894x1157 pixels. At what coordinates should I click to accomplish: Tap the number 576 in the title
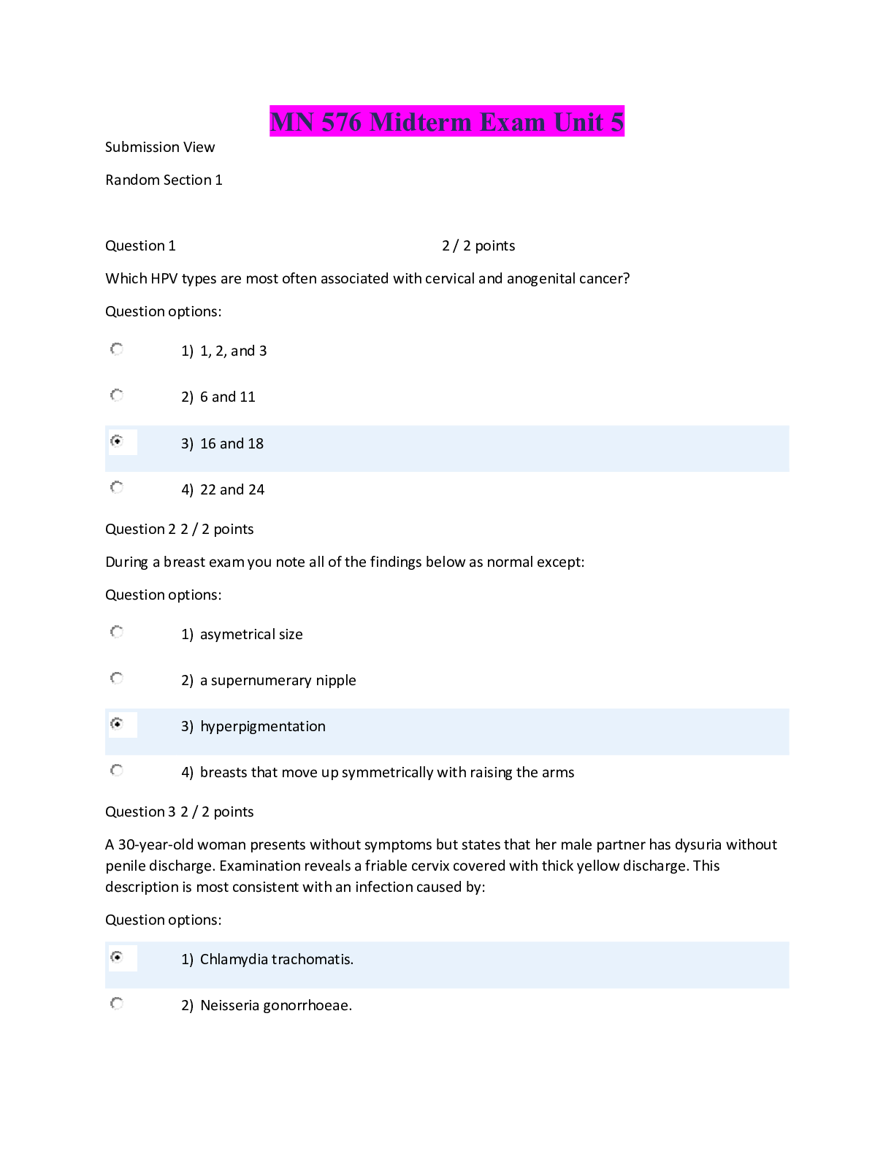pyautogui.click(x=341, y=122)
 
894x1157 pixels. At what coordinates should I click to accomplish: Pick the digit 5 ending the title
pyautogui.click(x=617, y=122)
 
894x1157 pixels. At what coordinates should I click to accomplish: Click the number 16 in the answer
pyautogui.click(x=208, y=444)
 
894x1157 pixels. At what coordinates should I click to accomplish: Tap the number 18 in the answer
pyautogui.click(x=256, y=444)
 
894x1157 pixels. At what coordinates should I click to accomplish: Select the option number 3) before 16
pyautogui.click(x=187, y=444)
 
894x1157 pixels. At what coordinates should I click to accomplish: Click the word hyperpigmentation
pyautogui.click(x=263, y=727)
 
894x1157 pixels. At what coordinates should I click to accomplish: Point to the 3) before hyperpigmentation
pyautogui.click(x=187, y=727)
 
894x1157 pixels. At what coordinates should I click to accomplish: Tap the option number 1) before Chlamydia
pyautogui.click(x=187, y=960)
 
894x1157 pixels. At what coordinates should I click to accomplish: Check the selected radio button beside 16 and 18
pyautogui.click(x=117, y=441)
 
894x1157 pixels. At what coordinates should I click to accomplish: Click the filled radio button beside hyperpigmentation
pyautogui.click(x=117, y=724)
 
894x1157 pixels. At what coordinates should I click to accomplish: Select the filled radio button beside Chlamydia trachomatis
pyautogui.click(x=117, y=957)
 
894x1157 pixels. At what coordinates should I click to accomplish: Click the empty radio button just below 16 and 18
pyautogui.click(x=117, y=487)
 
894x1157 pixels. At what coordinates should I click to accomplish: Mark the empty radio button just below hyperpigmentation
pyautogui.click(x=117, y=771)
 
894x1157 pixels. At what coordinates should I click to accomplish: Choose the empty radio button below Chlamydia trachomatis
pyautogui.click(x=117, y=1004)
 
